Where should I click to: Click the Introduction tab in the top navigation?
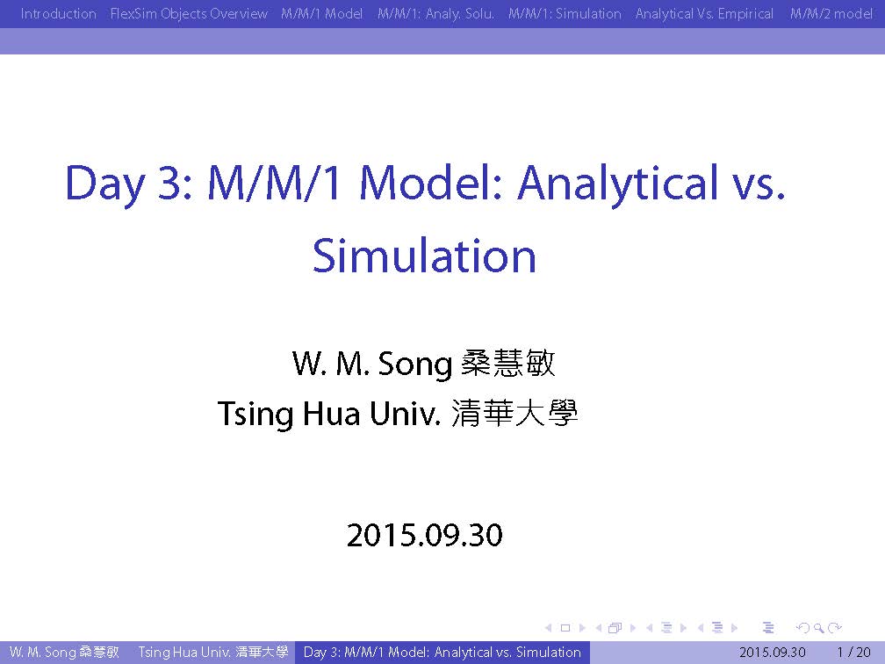point(58,13)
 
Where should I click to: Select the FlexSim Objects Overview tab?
point(189,13)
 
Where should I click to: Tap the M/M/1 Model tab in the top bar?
point(321,13)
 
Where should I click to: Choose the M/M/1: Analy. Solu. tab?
point(435,13)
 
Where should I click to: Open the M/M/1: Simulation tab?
point(565,13)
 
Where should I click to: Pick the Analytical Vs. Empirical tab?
point(704,13)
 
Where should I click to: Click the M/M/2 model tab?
point(831,13)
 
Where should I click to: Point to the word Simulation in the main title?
point(424,256)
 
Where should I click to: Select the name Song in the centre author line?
point(414,364)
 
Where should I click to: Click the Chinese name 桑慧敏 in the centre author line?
point(508,363)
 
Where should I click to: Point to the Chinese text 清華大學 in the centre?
point(514,413)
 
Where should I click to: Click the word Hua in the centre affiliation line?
point(331,414)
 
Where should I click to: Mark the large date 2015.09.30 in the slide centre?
point(424,535)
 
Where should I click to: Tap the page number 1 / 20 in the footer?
point(854,652)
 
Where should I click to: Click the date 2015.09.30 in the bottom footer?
point(772,652)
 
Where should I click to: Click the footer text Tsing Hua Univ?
point(185,652)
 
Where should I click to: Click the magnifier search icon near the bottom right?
point(818,628)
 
